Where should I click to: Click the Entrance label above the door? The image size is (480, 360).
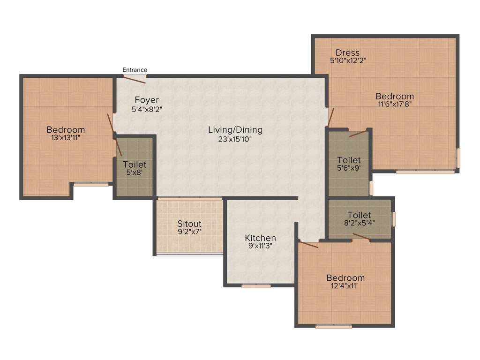[135, 70]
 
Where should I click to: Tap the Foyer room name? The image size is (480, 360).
[147, 100]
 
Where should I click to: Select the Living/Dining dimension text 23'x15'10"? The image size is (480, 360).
[235, 139]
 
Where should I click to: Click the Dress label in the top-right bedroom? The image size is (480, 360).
[348, 52]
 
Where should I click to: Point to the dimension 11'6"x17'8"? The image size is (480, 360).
[395, 105]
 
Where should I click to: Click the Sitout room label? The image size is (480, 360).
[189, 224]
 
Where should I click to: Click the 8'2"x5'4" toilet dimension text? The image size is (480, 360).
[359, 223]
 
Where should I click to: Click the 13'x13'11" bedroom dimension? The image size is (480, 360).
[66, 138]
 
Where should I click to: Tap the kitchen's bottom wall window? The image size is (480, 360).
[256, 285]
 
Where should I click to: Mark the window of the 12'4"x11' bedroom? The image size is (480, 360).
[333, 326]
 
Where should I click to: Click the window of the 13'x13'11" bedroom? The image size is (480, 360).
[91, 185]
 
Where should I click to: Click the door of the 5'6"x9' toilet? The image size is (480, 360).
[358, 133]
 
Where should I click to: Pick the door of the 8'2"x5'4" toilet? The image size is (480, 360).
[361, 236]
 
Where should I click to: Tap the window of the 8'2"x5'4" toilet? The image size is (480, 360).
[394, 219]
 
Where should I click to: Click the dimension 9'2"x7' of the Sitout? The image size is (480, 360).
[189, 232]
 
